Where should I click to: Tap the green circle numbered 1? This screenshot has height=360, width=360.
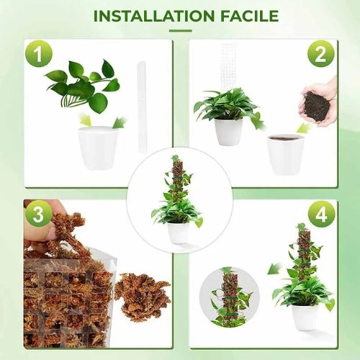tap(39, 54)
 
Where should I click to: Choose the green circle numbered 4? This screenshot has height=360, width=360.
tap(321, 214)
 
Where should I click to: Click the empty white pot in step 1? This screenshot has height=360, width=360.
tap(98, 148)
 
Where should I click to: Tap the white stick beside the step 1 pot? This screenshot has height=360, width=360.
tap(142, 107)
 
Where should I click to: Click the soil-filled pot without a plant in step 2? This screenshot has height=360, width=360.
tap(285, 153)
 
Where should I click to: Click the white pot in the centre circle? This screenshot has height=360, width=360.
tap(179, 232)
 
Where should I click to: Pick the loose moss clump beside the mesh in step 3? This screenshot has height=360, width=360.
tap(142, 296)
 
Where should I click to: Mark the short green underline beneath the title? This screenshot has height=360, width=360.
tap(180, 30)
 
